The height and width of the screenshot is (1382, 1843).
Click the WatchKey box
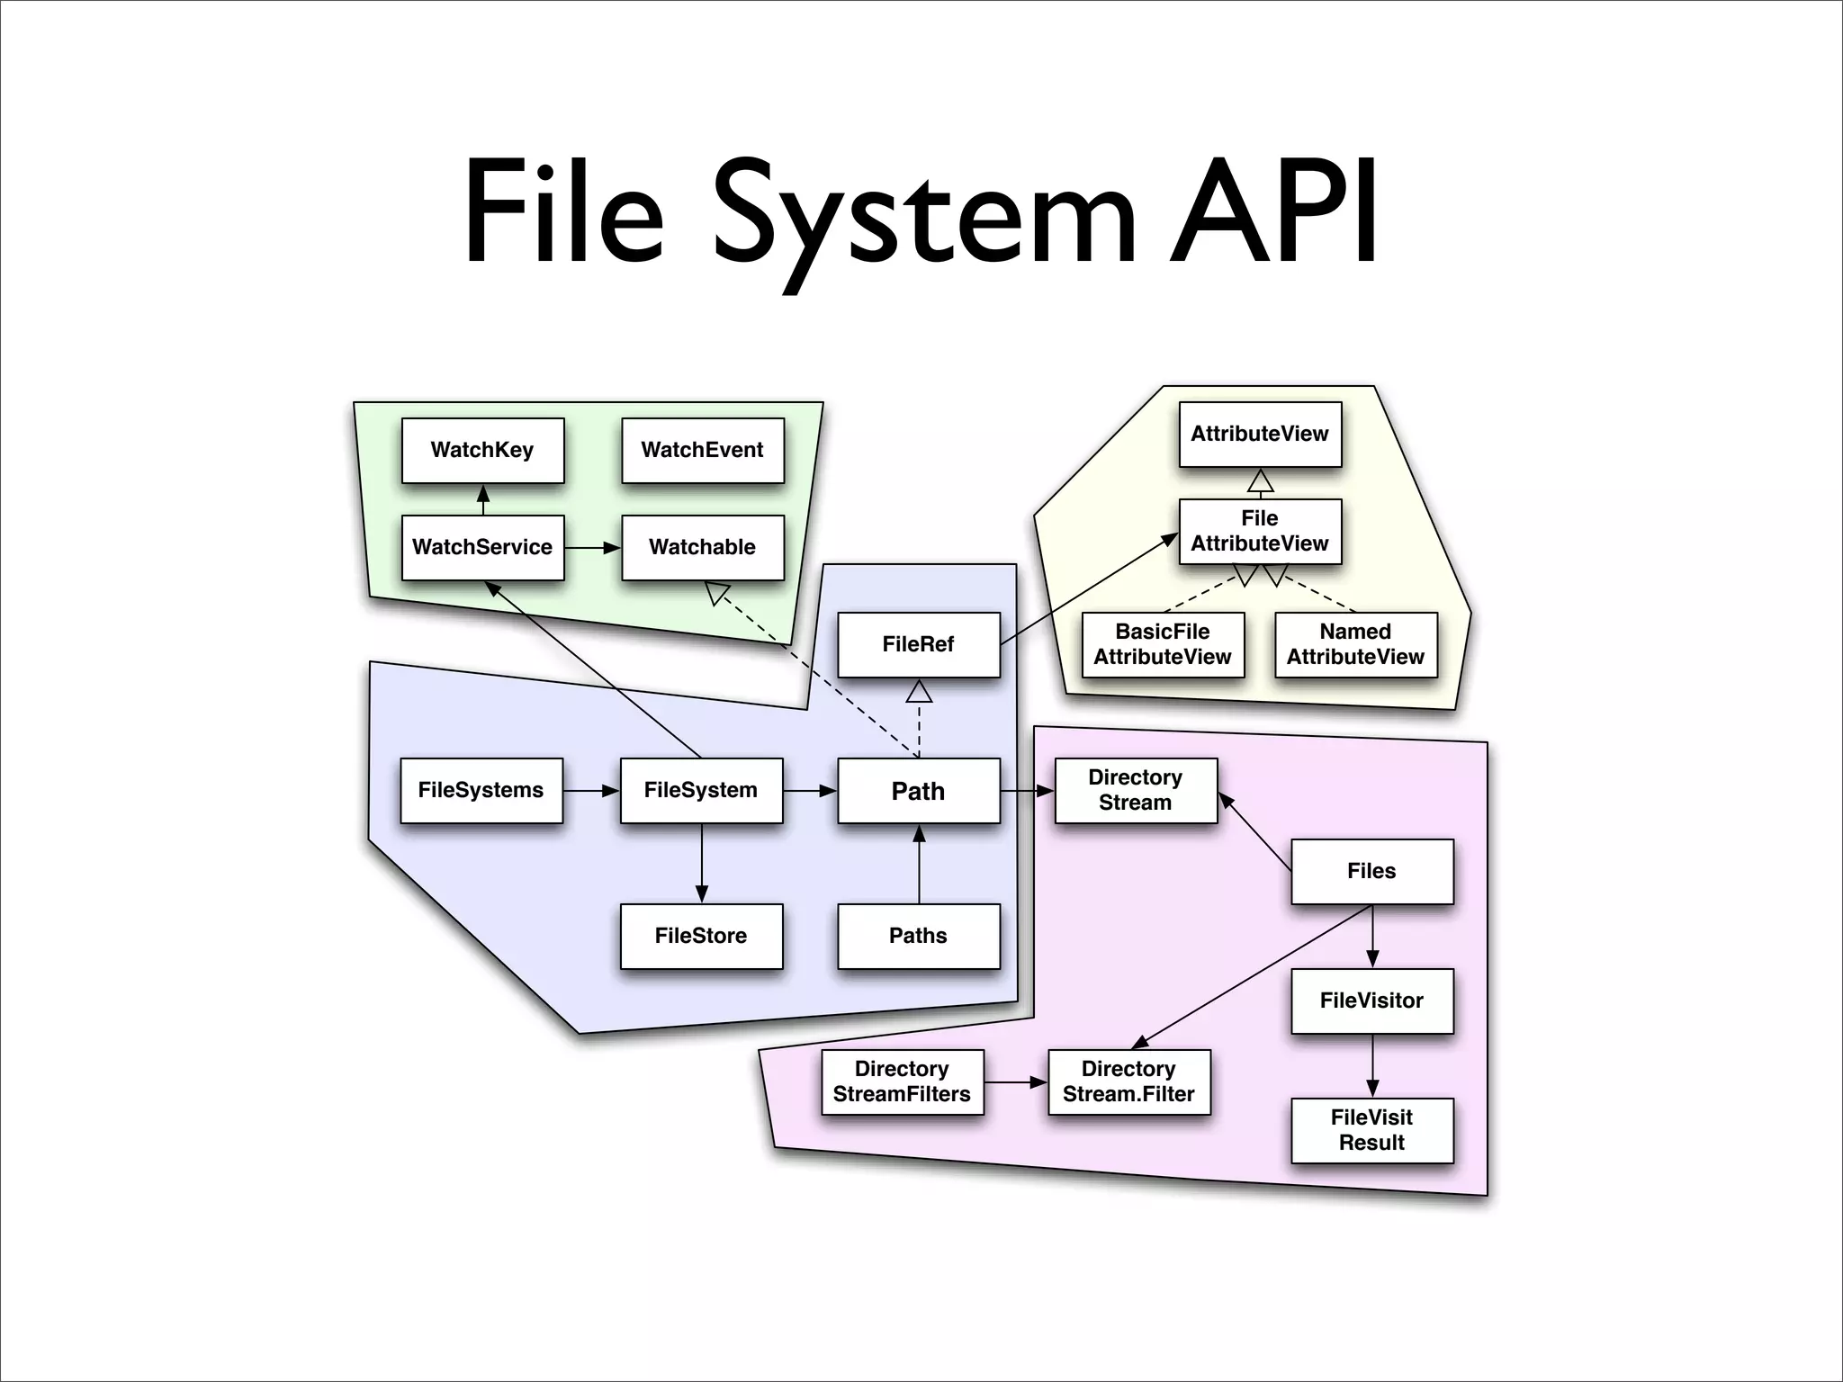pos(482,450)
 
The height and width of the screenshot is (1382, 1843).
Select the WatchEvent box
pos(702,450)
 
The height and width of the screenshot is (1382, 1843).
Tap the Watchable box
pos(702,547)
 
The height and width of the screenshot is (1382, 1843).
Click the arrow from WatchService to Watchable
pos(592,547)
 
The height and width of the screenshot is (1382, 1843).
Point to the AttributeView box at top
pos(1260,434)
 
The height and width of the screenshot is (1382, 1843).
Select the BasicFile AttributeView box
pos(1163,644)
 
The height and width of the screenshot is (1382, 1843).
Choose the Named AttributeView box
pos(1355,644)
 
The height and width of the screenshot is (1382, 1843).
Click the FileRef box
pos(918,644)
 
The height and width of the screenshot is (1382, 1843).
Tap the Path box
pos(918,791)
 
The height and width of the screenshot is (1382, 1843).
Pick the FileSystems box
pos(481,790)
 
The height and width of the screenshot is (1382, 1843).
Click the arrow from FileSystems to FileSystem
pos(591,791)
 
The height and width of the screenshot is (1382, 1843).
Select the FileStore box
pos(701,936)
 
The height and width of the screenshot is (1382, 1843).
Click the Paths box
pos(918,936)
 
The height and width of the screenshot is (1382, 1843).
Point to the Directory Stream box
pos(1136,790)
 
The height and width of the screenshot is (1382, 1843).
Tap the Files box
pos(1371,871)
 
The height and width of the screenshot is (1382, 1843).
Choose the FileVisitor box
pos(1371,1001)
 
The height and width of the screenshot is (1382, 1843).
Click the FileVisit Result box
pos(1371,1130)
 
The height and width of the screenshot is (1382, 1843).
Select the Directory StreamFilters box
pos(902,1081)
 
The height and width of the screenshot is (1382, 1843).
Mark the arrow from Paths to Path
pos(919,864)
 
